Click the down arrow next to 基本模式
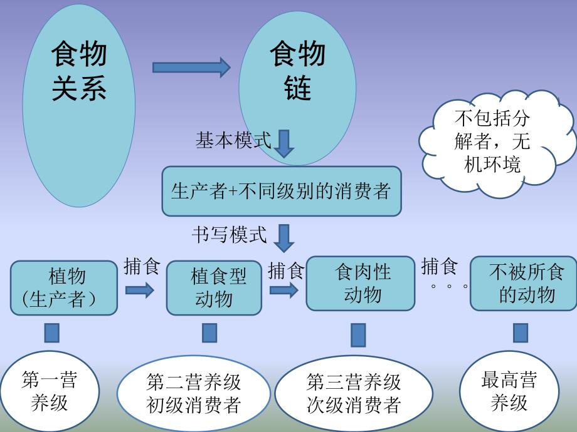click(284, 143)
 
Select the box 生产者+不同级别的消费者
click(281, 190)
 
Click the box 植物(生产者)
click(64, 287)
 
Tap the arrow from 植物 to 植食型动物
click(139, 290)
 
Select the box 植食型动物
click(214, 287)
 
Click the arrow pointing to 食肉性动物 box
click(284, 290)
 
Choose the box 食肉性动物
click(360, 283)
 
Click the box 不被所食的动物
click(523, 283)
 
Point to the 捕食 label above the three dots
click(440, 267)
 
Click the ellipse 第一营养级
click(50, 391)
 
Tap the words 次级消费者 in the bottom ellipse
click(353, 405)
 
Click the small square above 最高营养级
click(520, 332)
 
